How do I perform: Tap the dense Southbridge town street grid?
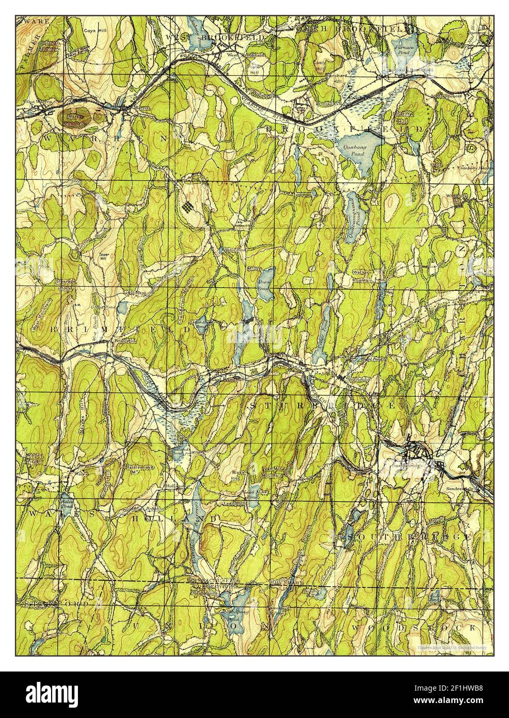(416, 452)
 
